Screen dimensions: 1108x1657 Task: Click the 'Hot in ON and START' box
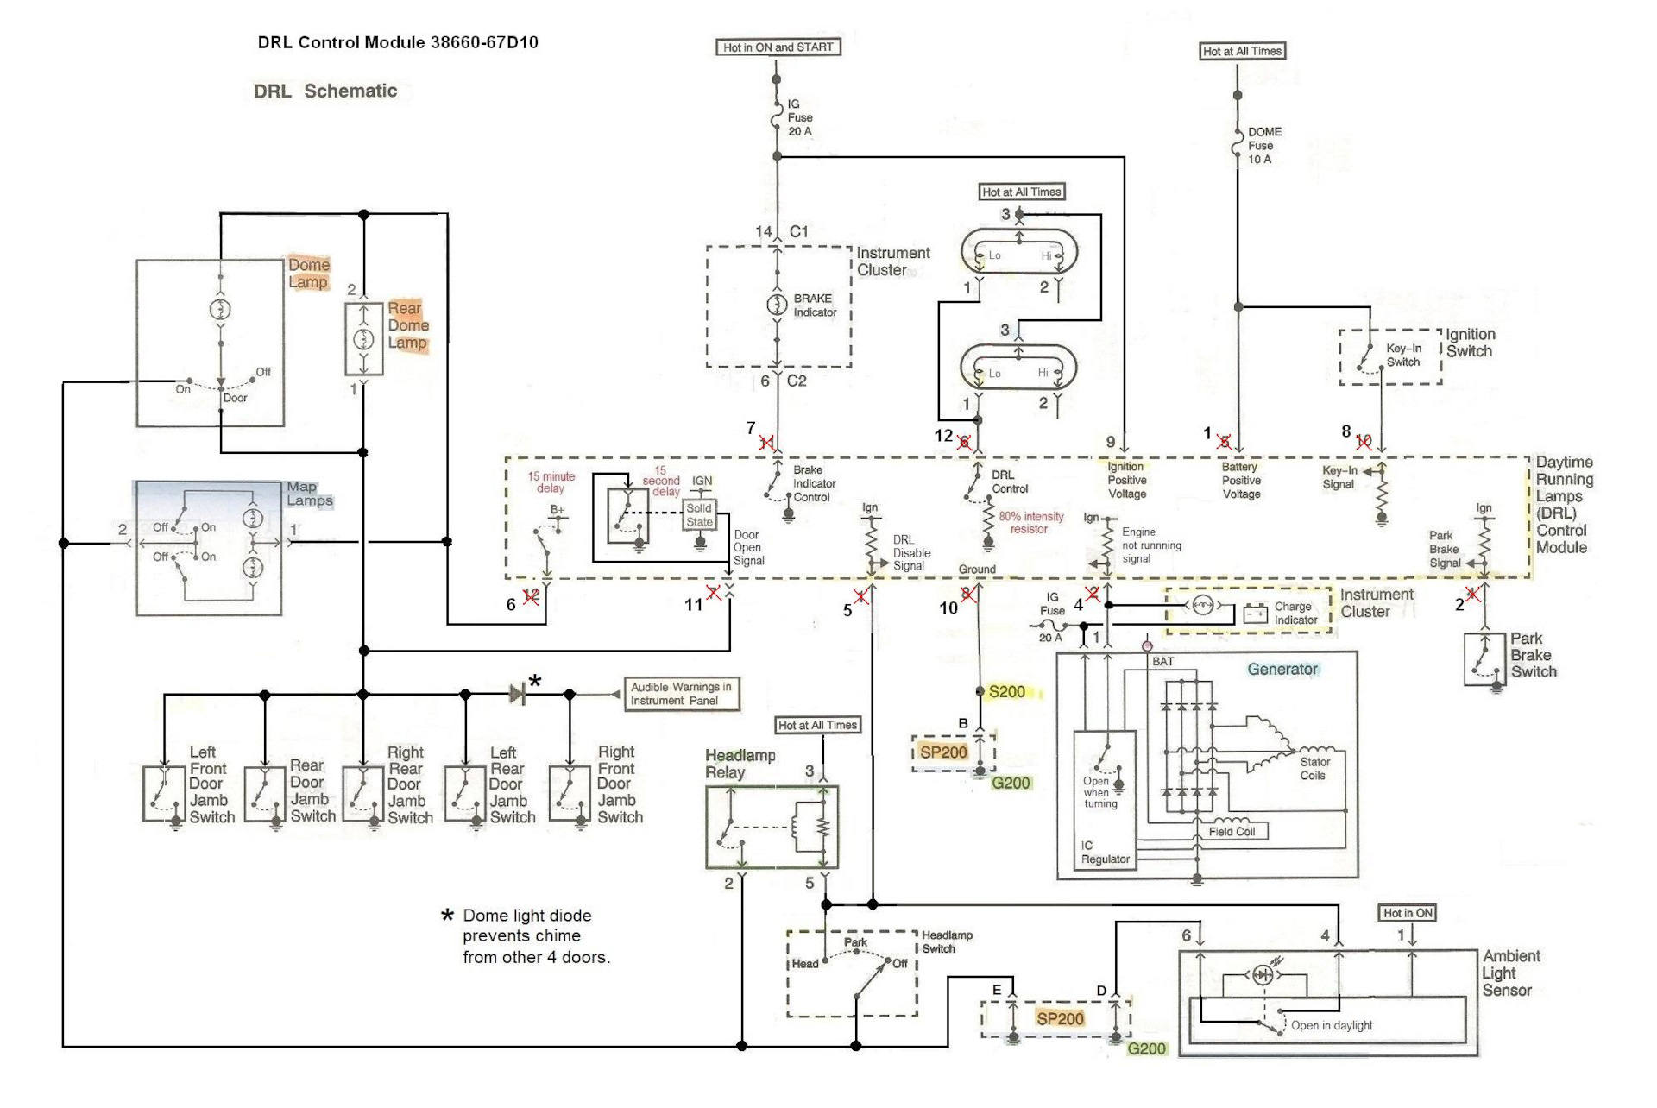click(x=778, y=47)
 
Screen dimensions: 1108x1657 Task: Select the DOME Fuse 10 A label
click(x=1263, y=146)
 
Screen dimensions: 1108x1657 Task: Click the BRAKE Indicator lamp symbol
click(x=777, y=305)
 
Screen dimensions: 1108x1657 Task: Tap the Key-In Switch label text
click(x=1403, y=355)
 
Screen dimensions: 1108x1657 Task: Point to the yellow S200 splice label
click(x=1007, y=692)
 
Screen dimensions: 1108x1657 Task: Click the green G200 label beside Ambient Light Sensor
click(x=1147, y=1048)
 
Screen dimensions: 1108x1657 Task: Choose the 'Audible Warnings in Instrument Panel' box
click(x=682, y=694)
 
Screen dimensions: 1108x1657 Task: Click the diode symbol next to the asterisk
click(x=517, y=693)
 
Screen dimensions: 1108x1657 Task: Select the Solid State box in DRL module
click(x=699, y=515)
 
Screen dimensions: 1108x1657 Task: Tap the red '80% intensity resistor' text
click(x=1030, y=523)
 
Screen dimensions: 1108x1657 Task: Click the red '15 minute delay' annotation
click(x=551, y=482)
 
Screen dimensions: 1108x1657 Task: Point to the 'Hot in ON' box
click(x=1408, y=913)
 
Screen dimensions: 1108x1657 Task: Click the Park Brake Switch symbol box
click(x=1484, y=660)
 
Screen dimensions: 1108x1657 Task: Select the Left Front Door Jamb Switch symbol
click(x=164, y=793)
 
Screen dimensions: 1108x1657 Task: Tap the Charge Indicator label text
click(x=1295, y=614)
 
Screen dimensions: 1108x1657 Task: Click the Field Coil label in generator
click(x=1232, y=832)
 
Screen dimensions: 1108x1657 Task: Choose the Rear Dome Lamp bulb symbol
click(x=364, y=339)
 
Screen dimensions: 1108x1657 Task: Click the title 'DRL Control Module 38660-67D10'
click(x=398, y=42)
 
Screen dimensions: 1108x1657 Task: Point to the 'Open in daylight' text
click(x=1331, y=1026)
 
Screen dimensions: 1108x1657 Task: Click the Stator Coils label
click(x=1314, y=769)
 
